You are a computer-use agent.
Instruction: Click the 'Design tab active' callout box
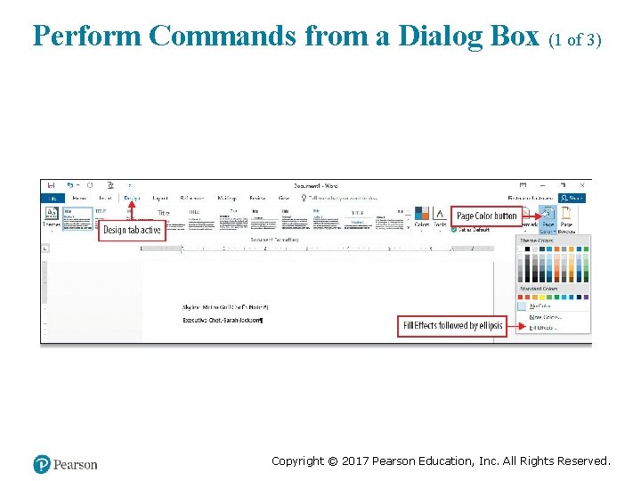click(132, 230)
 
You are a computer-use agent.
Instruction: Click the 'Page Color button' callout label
click(486, 216)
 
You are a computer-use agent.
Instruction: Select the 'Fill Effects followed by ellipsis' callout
click(453, 326)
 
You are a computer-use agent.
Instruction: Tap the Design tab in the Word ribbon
click(132, 198)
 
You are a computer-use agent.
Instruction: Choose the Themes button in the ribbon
click(52, 217)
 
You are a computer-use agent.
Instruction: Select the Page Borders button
click(567, 217)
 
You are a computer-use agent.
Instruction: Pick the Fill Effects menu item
click(543, 328)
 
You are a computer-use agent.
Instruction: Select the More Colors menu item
click(545, 316)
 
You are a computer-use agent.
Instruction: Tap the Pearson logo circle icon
click(42, 464)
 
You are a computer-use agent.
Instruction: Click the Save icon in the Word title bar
click(52, 185)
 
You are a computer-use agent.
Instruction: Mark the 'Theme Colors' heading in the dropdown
click(536, 240)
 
